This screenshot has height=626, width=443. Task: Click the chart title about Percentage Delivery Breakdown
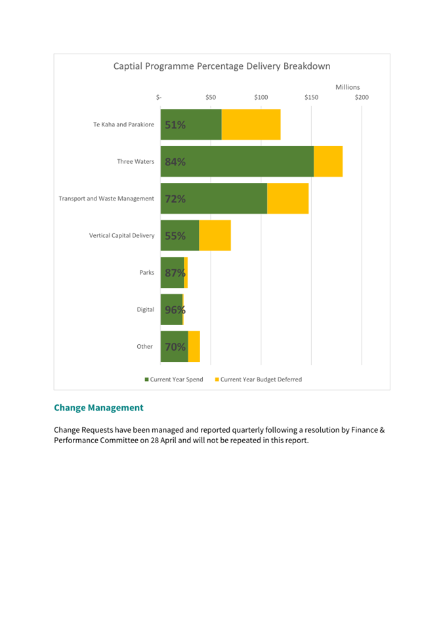[x=222, y=66]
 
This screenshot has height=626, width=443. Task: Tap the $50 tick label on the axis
[x=211, y=98]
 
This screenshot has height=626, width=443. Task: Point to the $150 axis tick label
[x=312, y=98]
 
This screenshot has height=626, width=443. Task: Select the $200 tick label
[x=362, y=98]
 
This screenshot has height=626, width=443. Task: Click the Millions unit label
[x=347, y=87]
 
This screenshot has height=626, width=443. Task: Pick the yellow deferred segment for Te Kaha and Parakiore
[x=251, y=125]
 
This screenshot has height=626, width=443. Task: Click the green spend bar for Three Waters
[x=237, y=161]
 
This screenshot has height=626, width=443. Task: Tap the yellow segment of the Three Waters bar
[x=328, y=161]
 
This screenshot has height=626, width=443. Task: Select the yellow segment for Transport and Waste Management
[x=288, y=199]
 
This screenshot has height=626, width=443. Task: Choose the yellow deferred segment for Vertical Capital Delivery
[x=215, y=235]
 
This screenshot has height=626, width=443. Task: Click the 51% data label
[x=175, y=125]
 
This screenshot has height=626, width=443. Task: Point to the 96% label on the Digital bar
[x=175, y=310]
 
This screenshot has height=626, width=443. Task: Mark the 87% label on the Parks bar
[x=175, y=273]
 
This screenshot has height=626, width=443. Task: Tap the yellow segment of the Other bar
[x=194, y=347]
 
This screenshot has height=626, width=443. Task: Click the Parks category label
[x=147, y=272]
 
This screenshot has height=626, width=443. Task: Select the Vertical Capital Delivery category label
[x=121, y=235]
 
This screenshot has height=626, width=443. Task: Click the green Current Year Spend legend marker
[x=147, y=380]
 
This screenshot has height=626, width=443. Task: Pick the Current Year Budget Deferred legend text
[x=261, y=380]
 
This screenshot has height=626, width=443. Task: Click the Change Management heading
[x=98, y=408]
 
